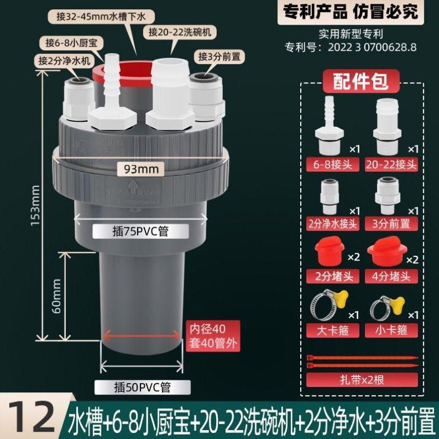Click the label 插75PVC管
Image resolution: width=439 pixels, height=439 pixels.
[140, 232]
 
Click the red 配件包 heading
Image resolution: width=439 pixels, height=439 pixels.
[361, 81]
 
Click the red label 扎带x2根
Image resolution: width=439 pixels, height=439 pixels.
[361, 379]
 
